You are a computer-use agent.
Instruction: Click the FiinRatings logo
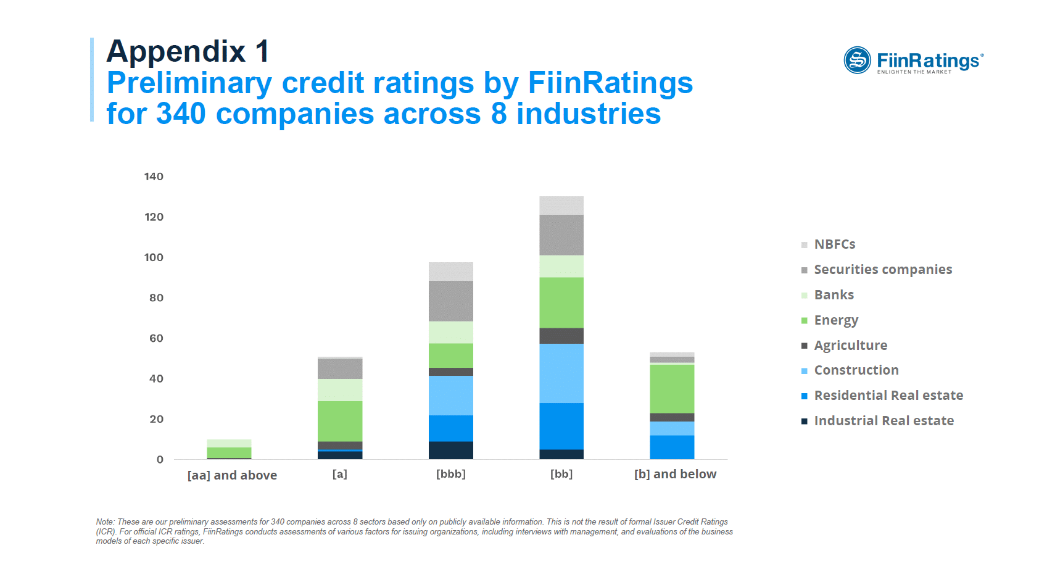[913, 60]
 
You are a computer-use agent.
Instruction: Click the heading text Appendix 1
[188, 51]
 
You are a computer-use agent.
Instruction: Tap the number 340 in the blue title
[181, 114]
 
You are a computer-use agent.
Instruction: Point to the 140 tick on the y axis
[154, 177]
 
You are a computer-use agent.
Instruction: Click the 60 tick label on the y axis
[156, 338]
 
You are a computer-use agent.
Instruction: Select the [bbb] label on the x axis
[450, 474]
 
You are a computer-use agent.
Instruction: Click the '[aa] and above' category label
[232, 475]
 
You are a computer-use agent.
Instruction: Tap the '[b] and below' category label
[675, 474]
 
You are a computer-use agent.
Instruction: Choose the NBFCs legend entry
[834, 244]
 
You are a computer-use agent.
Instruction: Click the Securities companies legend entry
[882, 270]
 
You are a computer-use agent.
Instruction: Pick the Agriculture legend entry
[850, 346]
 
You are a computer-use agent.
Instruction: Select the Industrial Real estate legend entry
[884, 421]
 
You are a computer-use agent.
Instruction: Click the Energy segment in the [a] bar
[340, 421]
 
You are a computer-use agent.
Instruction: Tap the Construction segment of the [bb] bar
[561, 373]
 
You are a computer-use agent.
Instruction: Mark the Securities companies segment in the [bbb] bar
[451, 301]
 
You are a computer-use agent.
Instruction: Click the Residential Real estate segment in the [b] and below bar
[672, 447]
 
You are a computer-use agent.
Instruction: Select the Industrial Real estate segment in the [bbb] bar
[451, 450]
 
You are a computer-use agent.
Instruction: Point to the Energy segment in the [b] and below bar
[672, 389]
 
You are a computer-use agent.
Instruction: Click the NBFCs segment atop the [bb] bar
[561, 206]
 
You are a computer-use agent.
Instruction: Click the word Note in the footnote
[104, 522]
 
